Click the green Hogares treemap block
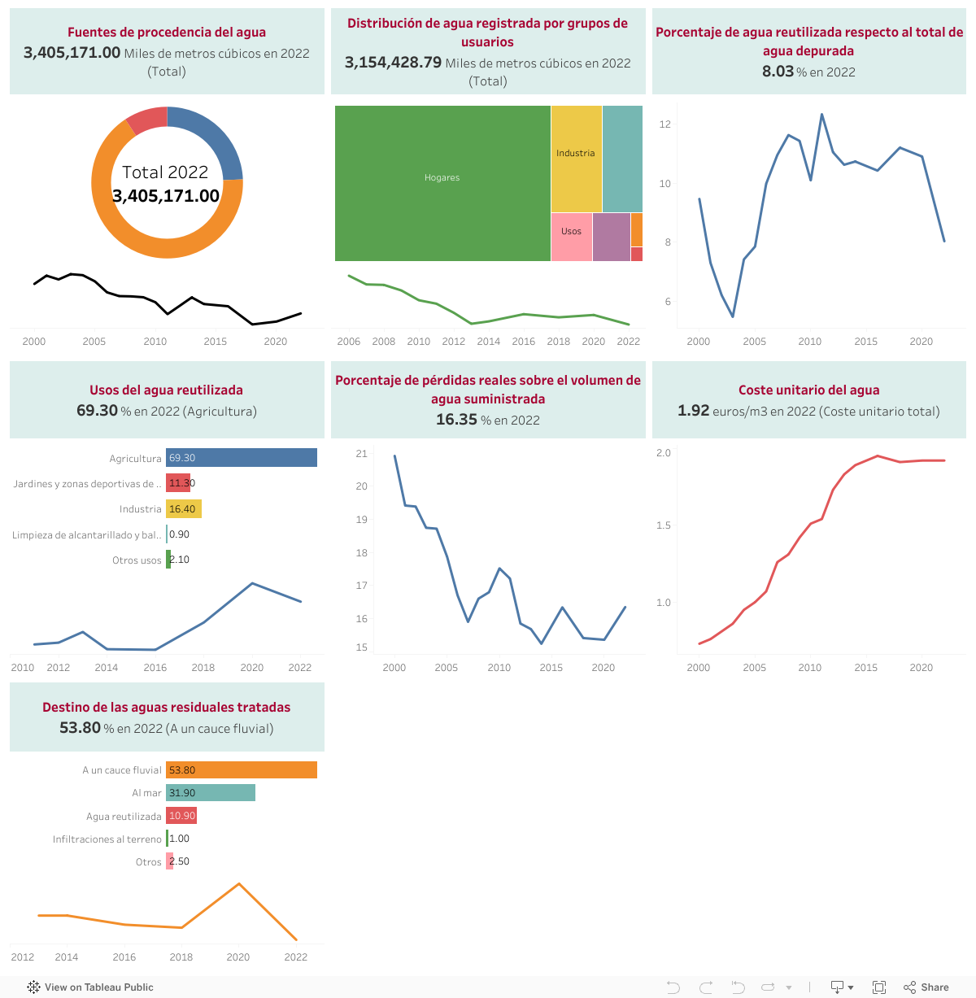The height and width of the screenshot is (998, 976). pyautogui.click(x=442, y=183)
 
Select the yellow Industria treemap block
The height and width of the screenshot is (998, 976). pyautogui.click(x=576, y=159)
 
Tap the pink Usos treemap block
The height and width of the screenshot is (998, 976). pyautogui.click(x=571, y=237)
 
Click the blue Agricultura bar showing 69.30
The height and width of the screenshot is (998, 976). pyautogui.click(x=242, y=458)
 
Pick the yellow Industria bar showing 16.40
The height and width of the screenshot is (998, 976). pyautogui.click(x=184, y=509)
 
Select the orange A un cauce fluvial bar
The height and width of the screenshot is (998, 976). pyautogui.click(x=242, y=770)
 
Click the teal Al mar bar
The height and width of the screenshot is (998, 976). pyautogui.click(x=211, y=793)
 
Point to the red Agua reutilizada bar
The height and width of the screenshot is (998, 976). pyautogui.click(x=181, y=816)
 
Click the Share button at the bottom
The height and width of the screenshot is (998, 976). pyautogui.click(x=926, y=987)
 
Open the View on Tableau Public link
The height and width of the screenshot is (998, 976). pyautogui.click(x=90, y=987)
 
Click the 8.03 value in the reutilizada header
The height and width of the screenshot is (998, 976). pyautogui.click(x=778, y=72)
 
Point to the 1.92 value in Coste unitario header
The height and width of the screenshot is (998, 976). pyautogui.click(x=693, y=411)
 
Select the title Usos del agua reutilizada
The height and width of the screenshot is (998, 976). pyautogui.click(x=166, y=390)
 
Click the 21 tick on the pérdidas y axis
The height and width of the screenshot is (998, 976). pyautogui.click(x=362, y=454)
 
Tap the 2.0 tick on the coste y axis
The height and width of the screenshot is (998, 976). pyautogui.click(x=664, y=453)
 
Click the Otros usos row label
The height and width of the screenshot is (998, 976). pyautogui.click(x=137, y=560)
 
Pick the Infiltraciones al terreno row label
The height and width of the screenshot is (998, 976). pyautogui.click(x=107, y=839)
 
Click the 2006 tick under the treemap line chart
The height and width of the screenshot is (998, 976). pyautogui.click(x=349, y=342)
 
